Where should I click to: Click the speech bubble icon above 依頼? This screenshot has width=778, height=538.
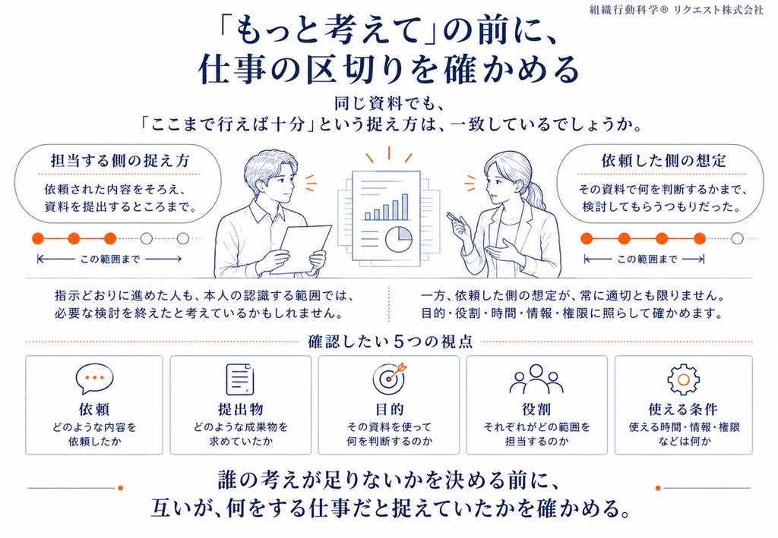point(94,379)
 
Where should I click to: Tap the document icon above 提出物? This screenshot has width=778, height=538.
point(240,379)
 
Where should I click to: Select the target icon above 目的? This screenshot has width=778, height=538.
point(390,379)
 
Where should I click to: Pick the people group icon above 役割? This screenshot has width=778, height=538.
point(536,379)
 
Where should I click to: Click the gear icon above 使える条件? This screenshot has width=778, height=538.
point(683,379)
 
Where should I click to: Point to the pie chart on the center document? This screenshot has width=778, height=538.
point(398,238)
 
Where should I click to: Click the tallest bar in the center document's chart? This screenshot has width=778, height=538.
point(405,206)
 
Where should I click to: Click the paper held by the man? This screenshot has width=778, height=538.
point(301,249)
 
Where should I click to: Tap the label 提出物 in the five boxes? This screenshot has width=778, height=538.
point(241,409)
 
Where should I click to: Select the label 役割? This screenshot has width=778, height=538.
point(536,409)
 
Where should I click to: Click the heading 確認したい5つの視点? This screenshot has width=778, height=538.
point(390,341)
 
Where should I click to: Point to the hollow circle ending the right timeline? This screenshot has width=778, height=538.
point(737,239)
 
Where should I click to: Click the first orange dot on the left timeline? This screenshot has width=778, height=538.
point(38,239)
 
